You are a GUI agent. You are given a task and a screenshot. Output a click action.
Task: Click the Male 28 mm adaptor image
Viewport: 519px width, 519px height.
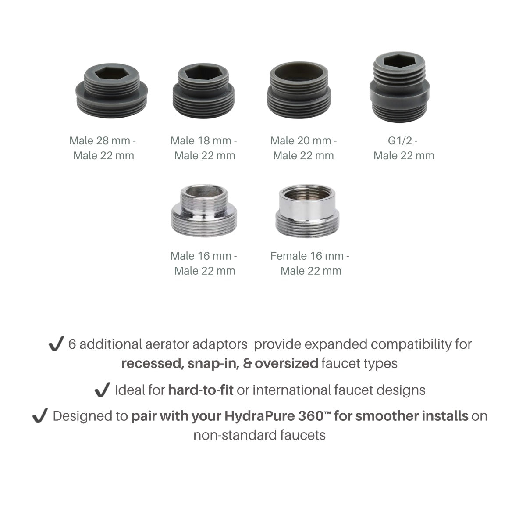click(111, 90)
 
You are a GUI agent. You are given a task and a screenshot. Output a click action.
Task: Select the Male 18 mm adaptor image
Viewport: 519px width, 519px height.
click(203, 90)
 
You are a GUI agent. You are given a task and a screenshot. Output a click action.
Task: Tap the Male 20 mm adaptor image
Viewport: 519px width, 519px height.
click(299, 90)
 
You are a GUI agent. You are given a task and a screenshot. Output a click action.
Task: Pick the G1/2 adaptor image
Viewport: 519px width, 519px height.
click(399, 87)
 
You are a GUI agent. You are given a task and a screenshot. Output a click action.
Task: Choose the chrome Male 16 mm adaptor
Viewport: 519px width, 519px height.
click(204, 210)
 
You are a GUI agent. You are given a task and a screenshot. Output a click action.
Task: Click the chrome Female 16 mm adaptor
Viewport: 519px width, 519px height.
click(307, 211)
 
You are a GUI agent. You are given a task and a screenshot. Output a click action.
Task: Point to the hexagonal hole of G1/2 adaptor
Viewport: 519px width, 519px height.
click(399, 61)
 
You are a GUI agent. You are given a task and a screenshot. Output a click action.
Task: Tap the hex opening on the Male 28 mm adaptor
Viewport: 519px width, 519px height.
click(111, 73)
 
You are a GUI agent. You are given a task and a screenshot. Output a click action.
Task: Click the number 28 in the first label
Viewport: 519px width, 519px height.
click(102, 141)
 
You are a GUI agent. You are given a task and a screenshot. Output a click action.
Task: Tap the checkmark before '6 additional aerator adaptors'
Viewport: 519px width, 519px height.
click(56, 344)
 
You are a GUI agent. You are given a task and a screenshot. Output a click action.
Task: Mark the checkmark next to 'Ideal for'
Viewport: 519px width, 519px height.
click(102, 390)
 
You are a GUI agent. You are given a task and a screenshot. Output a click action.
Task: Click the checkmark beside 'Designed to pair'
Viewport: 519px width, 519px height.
click(40, 415)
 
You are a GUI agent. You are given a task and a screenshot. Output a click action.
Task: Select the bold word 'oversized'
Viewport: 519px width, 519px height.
click(286, 363)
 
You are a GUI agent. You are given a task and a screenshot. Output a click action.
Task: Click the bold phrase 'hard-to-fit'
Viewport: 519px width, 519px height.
click(201, 390)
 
